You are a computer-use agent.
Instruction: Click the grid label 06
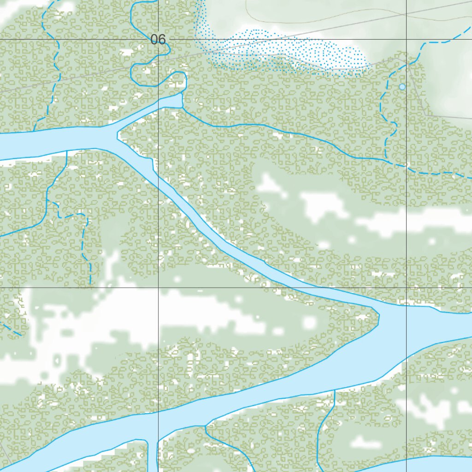(x=158, y=40)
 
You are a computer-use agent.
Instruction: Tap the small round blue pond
(x=402, y=87)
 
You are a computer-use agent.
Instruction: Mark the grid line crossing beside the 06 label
(x=158, y=40)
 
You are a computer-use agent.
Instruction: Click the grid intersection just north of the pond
(x=406, y=40)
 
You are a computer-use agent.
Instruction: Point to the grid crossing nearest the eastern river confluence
(x=406, y=288)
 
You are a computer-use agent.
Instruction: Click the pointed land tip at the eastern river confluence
(x=379, y=316)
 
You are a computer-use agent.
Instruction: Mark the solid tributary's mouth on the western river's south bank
(x=67, y=151)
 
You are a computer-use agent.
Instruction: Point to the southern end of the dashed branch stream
(x=90, y=283)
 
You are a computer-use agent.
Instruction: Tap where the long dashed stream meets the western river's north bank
(x=34, y=131)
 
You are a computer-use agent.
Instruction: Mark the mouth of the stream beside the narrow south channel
(x=206, y=427)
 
